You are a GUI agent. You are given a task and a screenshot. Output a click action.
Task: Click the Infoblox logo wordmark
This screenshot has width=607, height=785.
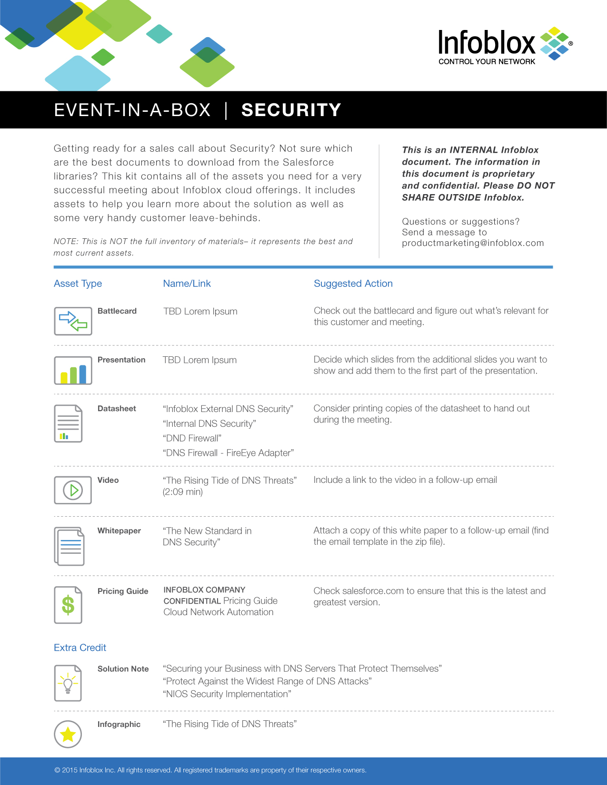click(487, 43)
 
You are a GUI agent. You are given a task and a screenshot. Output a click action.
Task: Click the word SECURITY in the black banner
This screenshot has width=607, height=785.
click(291, 110)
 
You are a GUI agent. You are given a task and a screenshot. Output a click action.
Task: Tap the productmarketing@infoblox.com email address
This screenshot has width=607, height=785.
click(472, 243)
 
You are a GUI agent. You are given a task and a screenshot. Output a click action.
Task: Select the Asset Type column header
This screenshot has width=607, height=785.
click(78, 284)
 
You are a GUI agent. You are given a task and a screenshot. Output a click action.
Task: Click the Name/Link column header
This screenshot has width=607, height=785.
click(187, 284)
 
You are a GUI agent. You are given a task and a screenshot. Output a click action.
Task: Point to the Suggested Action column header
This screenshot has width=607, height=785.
click(353, 284)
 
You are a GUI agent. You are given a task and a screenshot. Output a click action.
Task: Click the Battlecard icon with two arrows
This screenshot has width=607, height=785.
click(73, 321)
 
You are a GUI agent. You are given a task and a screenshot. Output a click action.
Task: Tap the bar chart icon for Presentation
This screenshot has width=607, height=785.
click(73, 371)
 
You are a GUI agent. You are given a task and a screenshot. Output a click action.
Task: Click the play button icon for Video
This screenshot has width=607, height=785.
click(73, 490)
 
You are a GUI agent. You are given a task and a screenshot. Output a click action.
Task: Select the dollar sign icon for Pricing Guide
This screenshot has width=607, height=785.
click(68, 605)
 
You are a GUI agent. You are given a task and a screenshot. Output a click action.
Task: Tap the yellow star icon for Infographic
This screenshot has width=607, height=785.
click(68, 734)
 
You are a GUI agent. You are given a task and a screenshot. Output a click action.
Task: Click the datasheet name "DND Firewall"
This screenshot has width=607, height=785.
click(192, 438)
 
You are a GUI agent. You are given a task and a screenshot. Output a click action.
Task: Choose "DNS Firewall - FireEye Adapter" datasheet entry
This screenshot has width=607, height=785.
click(228, 453)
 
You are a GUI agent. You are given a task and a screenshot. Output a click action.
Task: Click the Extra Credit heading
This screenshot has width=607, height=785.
click(80, 648)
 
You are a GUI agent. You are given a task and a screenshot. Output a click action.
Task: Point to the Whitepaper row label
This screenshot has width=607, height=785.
click(119, 530)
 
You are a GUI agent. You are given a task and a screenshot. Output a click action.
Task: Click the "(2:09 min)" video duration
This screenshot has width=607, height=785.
click(183, 492)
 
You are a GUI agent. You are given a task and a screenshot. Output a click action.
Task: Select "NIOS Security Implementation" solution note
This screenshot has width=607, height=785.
click(227, 694)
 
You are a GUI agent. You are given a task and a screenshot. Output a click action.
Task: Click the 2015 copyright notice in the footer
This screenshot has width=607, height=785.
click(210, 770)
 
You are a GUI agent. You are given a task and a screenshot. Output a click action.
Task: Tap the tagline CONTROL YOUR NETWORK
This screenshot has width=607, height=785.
click(487, 62)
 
